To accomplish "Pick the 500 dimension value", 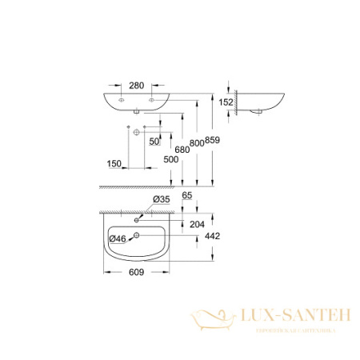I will (170, 160).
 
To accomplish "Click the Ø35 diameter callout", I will (161, 200).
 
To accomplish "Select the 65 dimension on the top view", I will (188, 194).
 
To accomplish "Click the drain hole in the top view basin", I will (137, 235).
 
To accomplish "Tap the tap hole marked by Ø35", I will (137, 216).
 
